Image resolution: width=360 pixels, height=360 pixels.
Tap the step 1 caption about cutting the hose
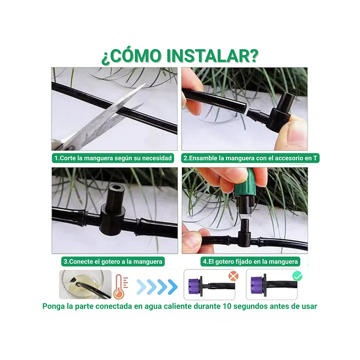click(113, 158)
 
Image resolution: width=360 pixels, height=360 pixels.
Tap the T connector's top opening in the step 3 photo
click(114, 190)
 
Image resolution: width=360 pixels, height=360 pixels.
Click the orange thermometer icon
click(119, 287)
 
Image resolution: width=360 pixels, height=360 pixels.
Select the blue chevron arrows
click(157, 286)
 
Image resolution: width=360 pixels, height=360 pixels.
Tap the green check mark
click(296, 276)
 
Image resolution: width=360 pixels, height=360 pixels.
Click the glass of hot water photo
click(78, 285)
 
